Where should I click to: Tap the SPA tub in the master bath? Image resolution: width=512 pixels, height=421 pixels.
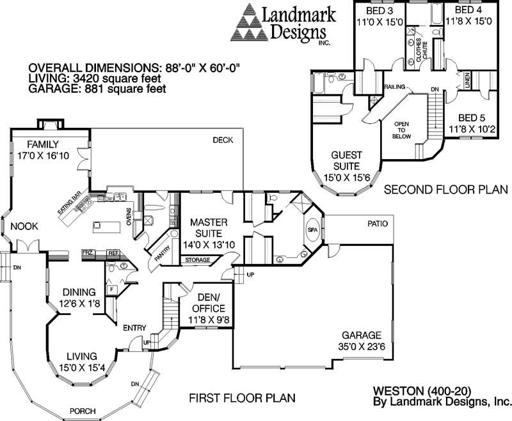313,230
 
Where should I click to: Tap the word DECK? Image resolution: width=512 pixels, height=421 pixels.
223,141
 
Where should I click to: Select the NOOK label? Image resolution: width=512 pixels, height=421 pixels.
24,226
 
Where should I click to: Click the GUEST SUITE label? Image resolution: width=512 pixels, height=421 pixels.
346,160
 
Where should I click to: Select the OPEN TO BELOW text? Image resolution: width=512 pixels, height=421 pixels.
401,128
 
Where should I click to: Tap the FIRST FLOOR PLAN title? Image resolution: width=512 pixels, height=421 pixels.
243,398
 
